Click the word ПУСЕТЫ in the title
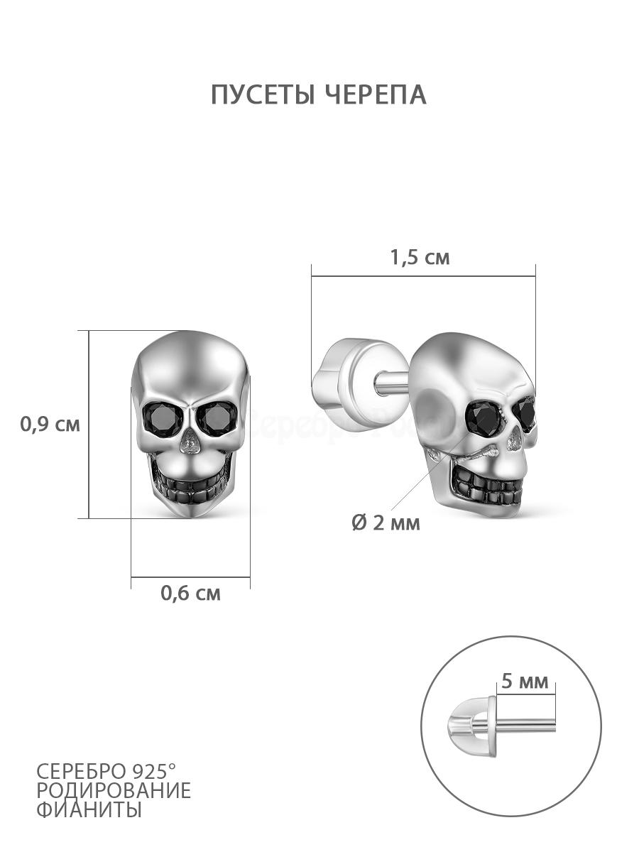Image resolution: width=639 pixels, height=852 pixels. pyautogui.click(x=263, y=94)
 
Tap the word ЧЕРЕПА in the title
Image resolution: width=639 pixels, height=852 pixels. pyautogui.click(x=375, y=94)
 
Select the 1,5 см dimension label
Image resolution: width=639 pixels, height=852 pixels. pyautogui.click(x=420, y=257)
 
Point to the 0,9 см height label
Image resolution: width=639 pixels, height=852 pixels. pyautogui.click(x=50, y=425)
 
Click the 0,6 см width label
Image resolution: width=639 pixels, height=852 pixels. pyautogui.click(x=190, y=593)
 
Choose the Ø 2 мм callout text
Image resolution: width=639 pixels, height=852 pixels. pyautogui.click(x=386, y=523)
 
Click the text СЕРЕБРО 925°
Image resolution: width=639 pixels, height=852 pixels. pyautogui.click(x=106, y=772)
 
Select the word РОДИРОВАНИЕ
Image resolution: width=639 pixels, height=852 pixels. pyautogui.click(x=114, y=790)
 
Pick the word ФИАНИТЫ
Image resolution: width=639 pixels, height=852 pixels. pyautogui.click(x=89, y=809)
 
